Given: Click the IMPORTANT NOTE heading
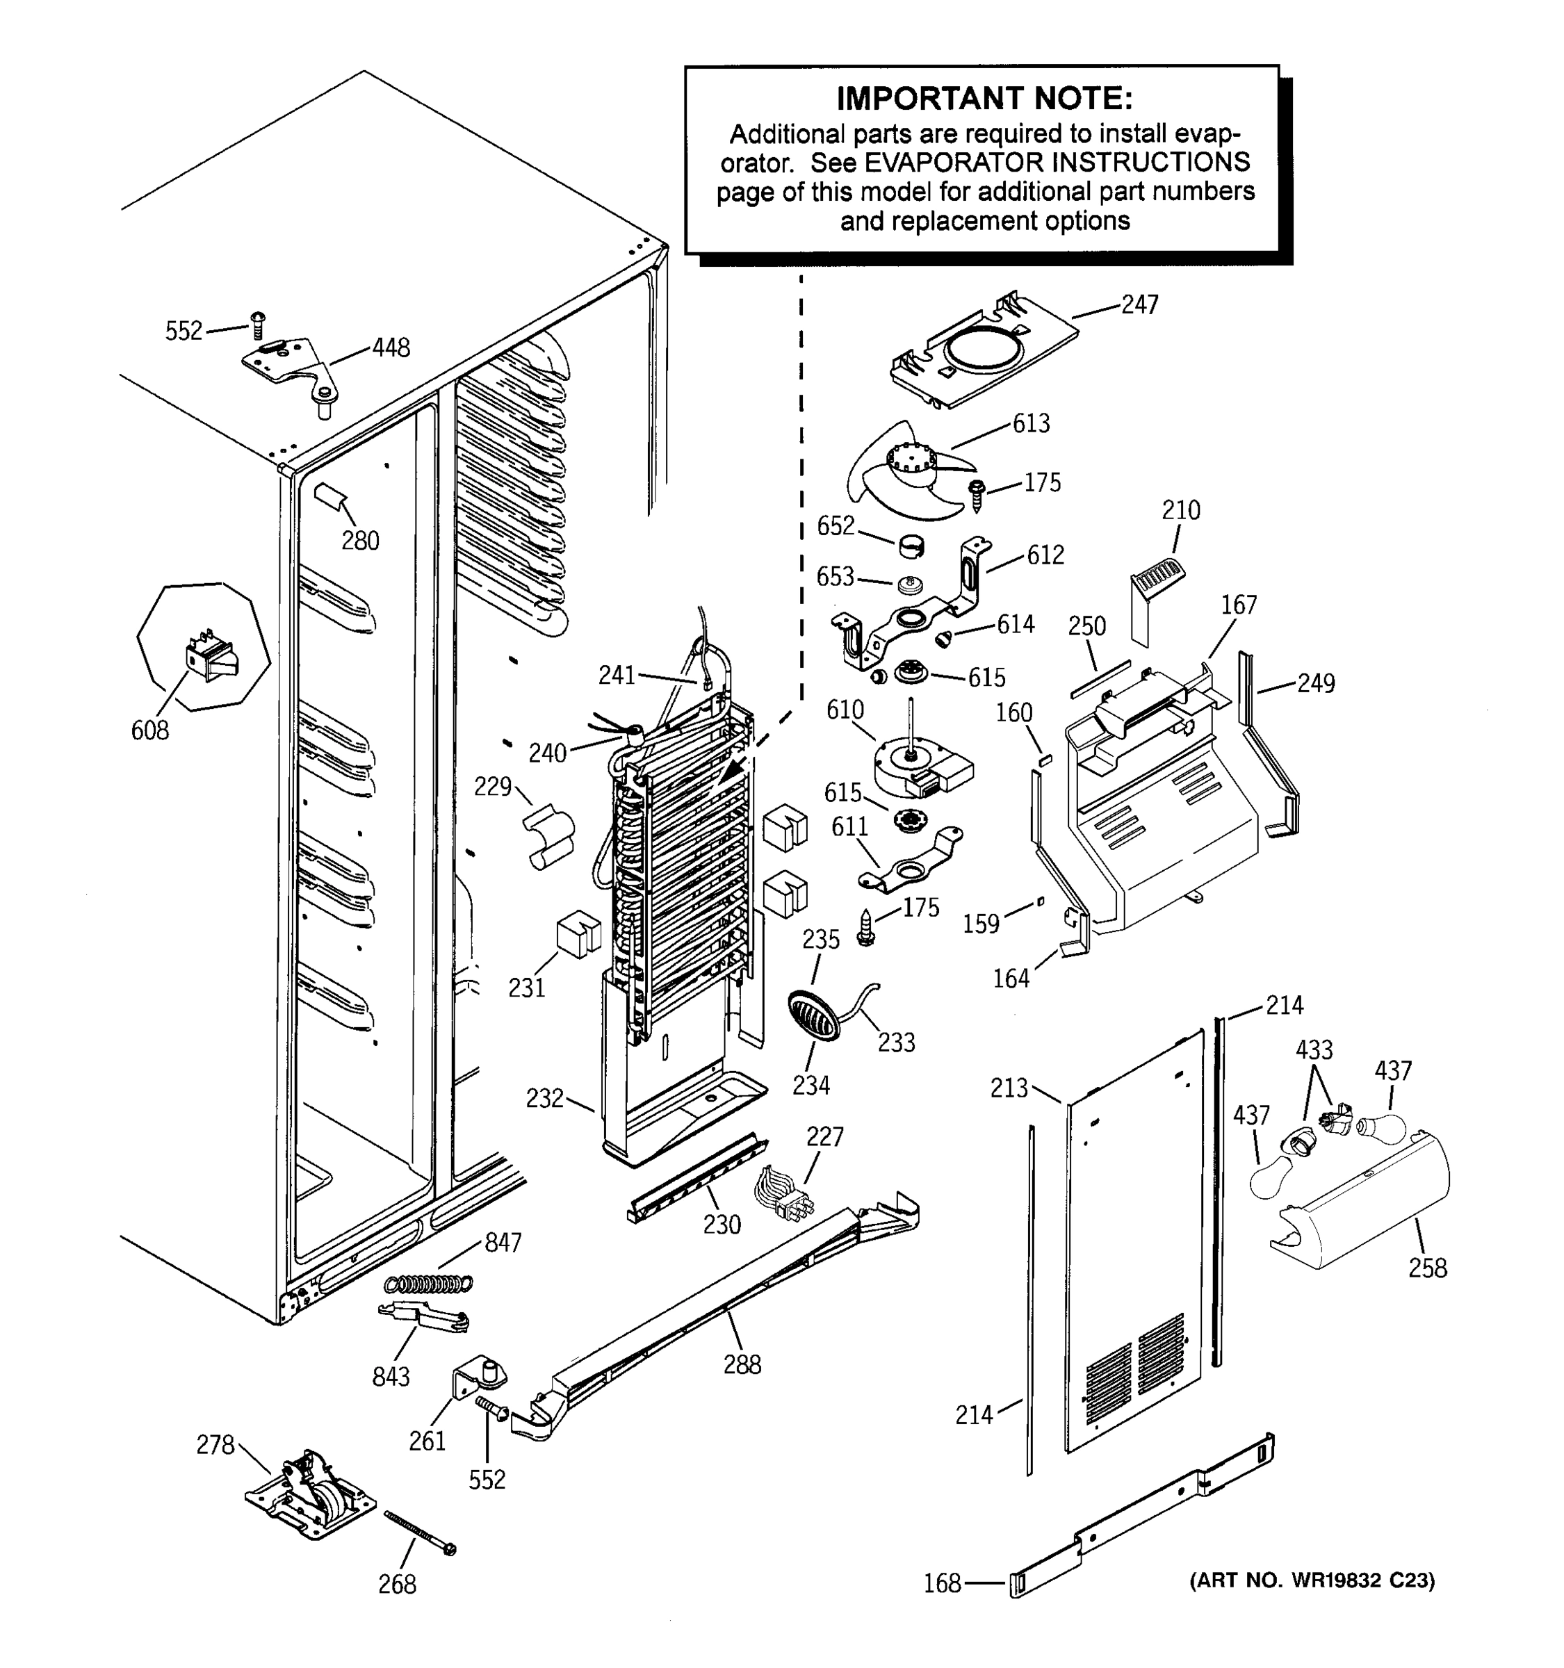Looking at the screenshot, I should [984, 99].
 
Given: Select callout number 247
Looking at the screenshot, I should [1139, 304].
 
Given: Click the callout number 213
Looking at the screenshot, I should [1008, 1088].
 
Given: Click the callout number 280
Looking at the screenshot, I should [360, 540].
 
